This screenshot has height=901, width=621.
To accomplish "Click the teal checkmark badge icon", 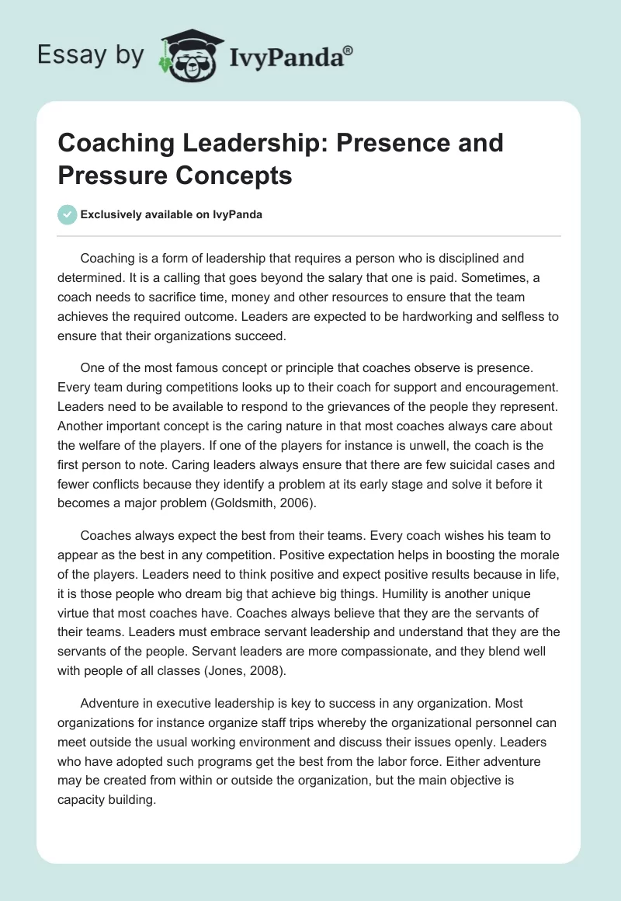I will coord(68,214).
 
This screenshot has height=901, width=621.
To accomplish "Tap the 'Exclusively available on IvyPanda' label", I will coord(172,214).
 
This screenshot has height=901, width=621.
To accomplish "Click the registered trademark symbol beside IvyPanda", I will coord(349,48).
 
